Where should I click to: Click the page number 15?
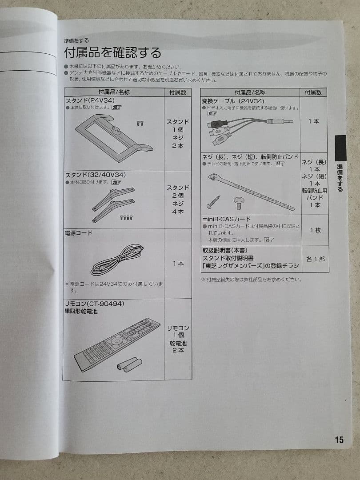339,440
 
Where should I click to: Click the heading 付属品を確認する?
112,53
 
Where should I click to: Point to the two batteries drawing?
129,364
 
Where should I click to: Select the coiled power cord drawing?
116,260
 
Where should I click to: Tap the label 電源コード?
79,233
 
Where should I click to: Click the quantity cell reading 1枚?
315,230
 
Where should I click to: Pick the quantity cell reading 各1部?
315,259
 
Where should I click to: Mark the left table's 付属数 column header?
178,92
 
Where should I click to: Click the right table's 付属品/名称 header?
250,92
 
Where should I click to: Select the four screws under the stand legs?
127,217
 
